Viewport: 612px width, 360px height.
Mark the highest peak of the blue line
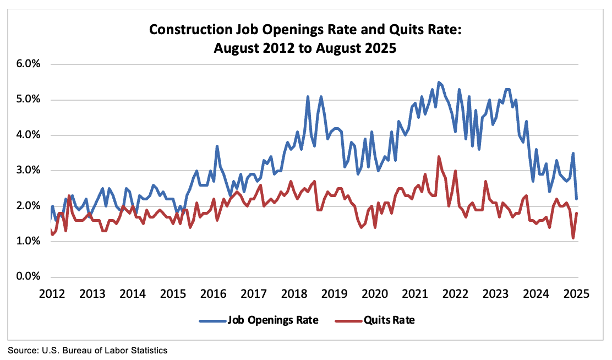439,82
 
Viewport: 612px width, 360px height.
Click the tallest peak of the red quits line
439,156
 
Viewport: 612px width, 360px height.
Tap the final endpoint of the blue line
576,199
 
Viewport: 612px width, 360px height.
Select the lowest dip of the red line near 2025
573,238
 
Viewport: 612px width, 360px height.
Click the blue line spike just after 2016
217,146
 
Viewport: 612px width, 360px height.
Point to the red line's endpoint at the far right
576,213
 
